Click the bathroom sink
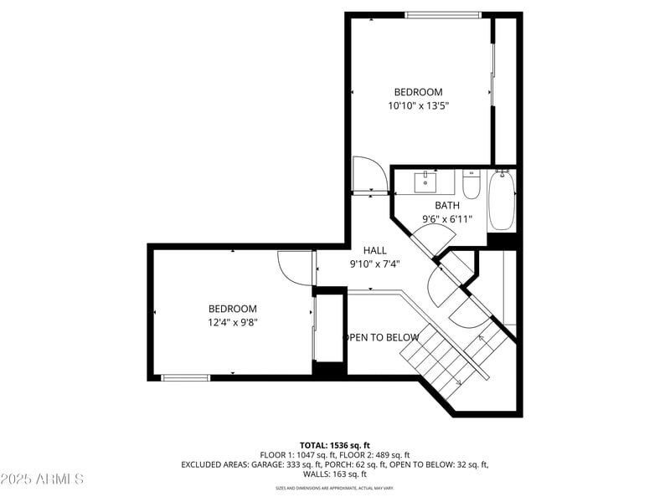coord(425,180)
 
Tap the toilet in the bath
coord(471,184)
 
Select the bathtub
coord(502,200)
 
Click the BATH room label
coord(446,205)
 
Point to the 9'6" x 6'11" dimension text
coord(447,219)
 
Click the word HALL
coord(374,250)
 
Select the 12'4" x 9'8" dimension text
coord(233,322)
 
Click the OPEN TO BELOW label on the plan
coord(381,337)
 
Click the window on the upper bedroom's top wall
coord(443,14)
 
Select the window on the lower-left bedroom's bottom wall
coord(185,377)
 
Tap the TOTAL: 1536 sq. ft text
coord(335,445)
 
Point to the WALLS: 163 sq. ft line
coord(335,474)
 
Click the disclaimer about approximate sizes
coord(335,488)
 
